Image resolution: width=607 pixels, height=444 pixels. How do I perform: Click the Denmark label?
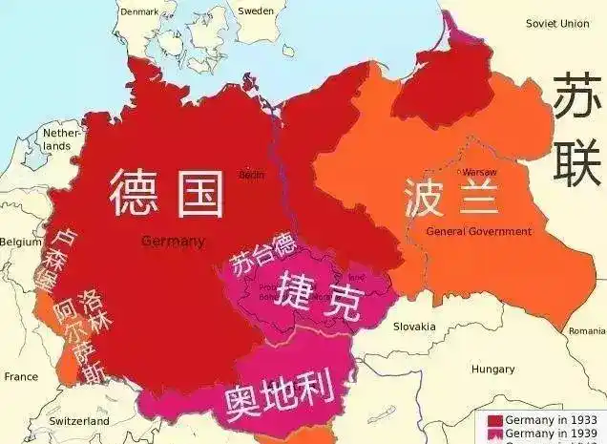coord(140,11)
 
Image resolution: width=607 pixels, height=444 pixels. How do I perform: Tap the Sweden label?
coord(256,11)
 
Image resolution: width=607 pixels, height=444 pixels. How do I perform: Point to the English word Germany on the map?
coord(173,242)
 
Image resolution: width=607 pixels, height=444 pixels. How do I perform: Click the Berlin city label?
coord(251,175)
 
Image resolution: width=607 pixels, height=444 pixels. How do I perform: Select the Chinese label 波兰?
coord(438,198)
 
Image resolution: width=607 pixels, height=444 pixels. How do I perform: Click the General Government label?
coord(478,231)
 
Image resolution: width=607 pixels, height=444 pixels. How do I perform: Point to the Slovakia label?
coord(414,327)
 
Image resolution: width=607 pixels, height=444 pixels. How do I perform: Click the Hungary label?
coord(492,369)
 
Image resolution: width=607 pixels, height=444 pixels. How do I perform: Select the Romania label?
coord(587,330)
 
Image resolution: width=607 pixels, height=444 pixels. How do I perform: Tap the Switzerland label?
coord(79,421)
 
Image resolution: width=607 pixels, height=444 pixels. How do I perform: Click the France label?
coord(20,377)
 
